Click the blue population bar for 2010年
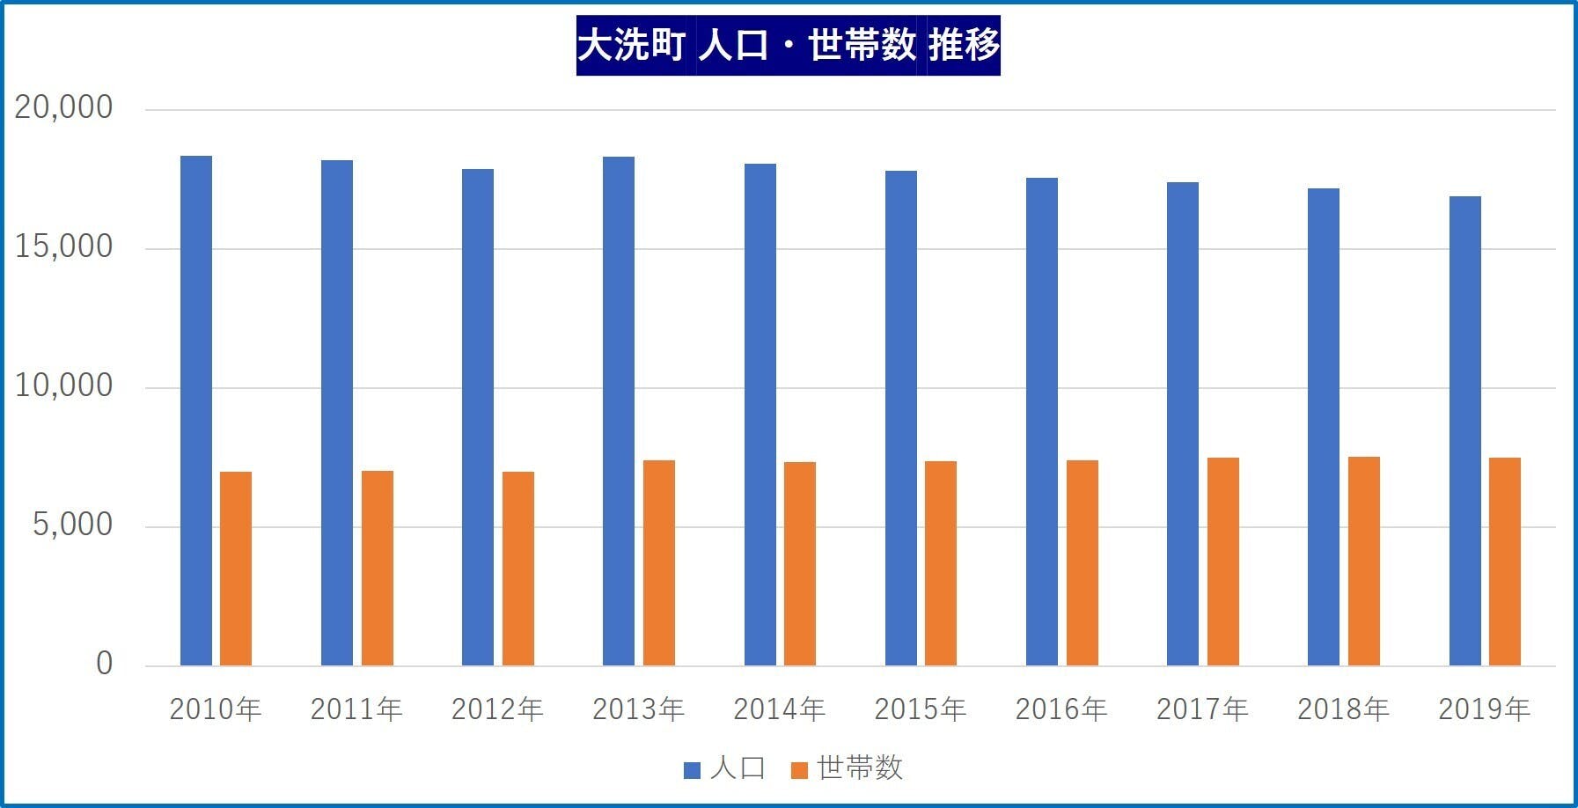pyautogui.click(x=195, y=410)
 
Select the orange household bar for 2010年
pyautogui.click(x=236, y=569)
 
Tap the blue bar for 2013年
pyautogui.click(x=619, y=411)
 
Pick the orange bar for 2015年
pyautogui.click(x=941, y=563)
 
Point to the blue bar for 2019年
pyautogui.click(x=1464, y=430)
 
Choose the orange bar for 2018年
pyautogui.click(x=1363, y=561)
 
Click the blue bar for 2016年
pyautogui.click(x=1042, y=422)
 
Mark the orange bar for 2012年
pyautogui.click(x=518, y=569)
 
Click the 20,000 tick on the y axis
pyautogui.click(x=63, y=107)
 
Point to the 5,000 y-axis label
pyautogui.click(x=72, y=525)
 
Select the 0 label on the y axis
pyautogui.click(x=104, y=664)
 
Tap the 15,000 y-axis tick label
pyautogui.click(x=63, y=246)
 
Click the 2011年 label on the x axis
pyautogui.click(x=356, y=709)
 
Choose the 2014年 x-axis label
pyautogui.click(x=780, y=709)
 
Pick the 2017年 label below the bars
pyautogui.click(x=1202, y=709)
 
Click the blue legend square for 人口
pyautogui.click(x=692, y=770)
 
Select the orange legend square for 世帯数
pyautogui.click(x=799, y=770)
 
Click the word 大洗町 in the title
pyautogui.click(x=631, y=45)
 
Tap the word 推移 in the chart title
pyautogui.click(x=964, y=45)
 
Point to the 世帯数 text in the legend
pyautogui.click(x=860, y=768)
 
